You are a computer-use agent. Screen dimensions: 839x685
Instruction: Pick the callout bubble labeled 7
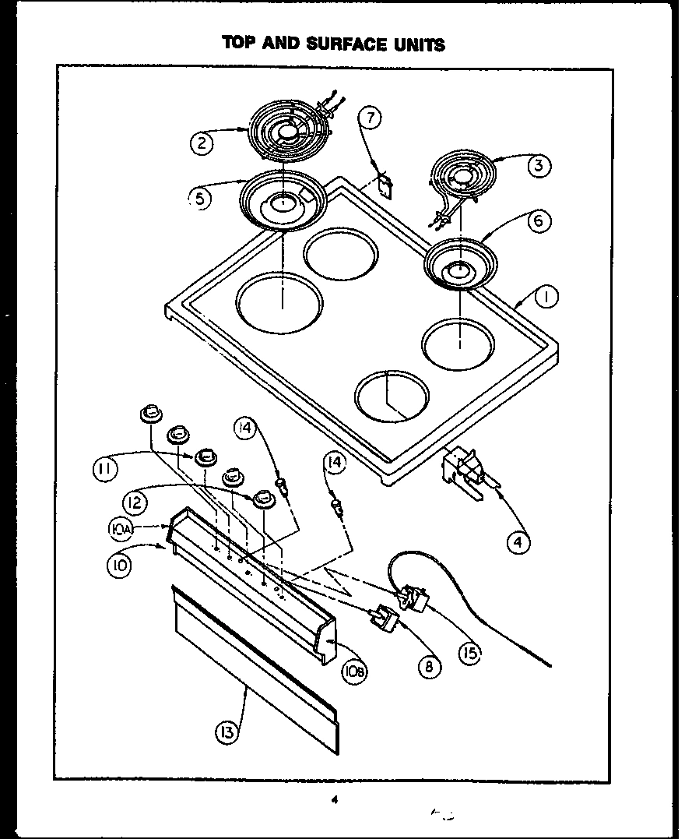point(371,118)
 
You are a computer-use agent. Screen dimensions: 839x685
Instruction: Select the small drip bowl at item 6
point(458,266)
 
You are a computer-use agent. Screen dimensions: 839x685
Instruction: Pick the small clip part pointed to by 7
point(384,185)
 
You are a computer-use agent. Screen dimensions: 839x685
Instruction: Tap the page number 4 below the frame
point(335,798)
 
